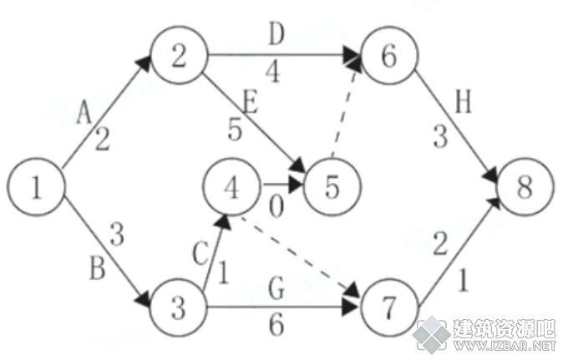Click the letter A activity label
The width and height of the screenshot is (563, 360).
[x=84, y=112]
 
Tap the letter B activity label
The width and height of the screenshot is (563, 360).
[x=97, y=268]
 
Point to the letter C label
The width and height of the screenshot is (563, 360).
[x=200, y=253]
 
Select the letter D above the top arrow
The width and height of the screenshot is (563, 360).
[x=276, y=34]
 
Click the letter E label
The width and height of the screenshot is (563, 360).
[x=251, y=102]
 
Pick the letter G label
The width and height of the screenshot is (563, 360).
[x=276, y=288]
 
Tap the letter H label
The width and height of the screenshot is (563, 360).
[x=464, y=102]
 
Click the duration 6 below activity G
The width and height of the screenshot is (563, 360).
[x=276, y=324]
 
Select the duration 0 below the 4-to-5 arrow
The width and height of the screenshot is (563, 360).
[x=276, y=207]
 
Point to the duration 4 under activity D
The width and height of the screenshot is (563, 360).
[x=274, y=72]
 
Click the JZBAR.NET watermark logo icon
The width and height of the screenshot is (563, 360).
[x=432, y=334]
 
